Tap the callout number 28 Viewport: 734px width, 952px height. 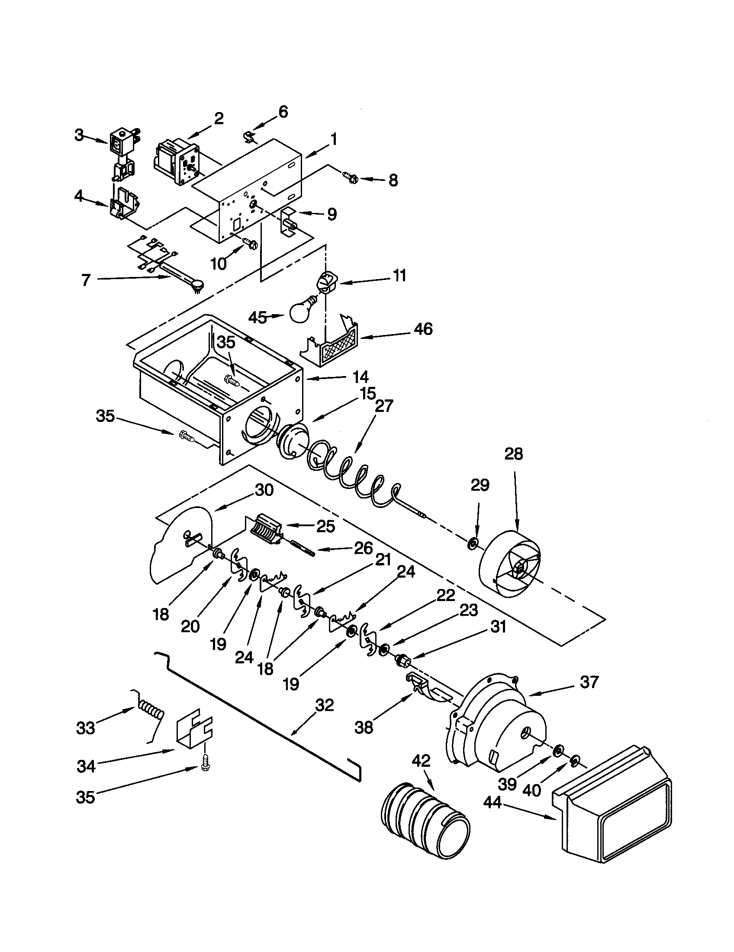point(513,454)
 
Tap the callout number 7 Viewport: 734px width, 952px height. point(86,280)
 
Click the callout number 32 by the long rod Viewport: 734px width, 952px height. point(323,705)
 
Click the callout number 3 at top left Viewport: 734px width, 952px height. point(78,135)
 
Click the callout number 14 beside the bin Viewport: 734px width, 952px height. point(361,376)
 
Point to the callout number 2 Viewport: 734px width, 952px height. point(219,118)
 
